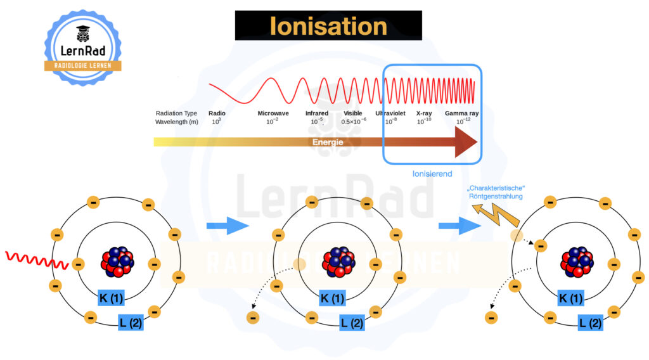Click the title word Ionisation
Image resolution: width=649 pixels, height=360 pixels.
[328, 26]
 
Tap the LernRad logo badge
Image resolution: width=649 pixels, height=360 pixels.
[83, 48]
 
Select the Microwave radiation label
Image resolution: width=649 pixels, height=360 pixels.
[273, 113]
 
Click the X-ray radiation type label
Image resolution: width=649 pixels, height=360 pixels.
[424, 113]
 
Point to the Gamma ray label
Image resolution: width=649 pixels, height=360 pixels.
[461, 113]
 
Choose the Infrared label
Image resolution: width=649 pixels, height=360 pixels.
[317, 113]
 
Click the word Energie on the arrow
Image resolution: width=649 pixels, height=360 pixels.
[328, 142]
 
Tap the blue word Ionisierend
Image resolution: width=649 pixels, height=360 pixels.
[432, 174]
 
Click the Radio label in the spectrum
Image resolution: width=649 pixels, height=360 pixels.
[217, 113]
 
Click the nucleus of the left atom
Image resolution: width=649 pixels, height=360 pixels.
[117, 262]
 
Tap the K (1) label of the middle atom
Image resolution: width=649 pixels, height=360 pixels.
[332, 298]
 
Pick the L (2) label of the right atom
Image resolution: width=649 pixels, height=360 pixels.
[590, 323]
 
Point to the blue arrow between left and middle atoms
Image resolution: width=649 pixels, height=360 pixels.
[228, 226]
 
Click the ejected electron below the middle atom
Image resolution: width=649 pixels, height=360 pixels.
[253, 318]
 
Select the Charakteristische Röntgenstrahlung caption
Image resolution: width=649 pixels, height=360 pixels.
[496, 192]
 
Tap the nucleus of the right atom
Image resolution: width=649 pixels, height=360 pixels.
[577, 262]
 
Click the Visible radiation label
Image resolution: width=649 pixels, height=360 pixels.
[352, 113]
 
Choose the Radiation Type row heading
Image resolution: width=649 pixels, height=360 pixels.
[176, 113]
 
